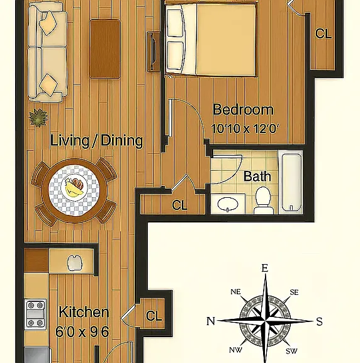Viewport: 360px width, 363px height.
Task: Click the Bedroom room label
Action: coord(243,110)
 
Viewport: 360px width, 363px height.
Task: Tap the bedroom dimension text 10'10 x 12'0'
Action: coord(245,129)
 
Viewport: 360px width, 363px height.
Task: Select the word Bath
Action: coord(257,176)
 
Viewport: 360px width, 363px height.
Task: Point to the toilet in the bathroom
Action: coord(263,200)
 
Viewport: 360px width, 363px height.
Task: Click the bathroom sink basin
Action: coord(228,204)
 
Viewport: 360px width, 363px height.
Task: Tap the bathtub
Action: coord(291,181)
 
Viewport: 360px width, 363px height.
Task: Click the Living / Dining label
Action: coord(96,141)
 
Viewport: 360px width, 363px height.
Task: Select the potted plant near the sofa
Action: coord(38,118)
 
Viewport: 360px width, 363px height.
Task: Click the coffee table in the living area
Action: coord(105,49)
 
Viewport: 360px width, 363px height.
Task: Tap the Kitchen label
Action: coord(84,312)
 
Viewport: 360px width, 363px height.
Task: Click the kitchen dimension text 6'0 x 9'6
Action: coord(82,331)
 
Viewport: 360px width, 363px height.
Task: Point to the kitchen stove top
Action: coord(36,314)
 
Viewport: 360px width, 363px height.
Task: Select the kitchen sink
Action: coord(74,263)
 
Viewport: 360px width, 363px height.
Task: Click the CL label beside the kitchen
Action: coord(154,316)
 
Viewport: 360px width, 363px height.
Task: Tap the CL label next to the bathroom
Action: coord(179,205)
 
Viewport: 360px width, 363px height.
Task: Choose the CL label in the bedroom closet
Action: coord(323,33)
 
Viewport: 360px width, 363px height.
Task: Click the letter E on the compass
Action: coord(265,268)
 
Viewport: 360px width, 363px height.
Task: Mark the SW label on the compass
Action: coord(291,351)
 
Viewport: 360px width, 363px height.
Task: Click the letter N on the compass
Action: coord(211,321)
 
